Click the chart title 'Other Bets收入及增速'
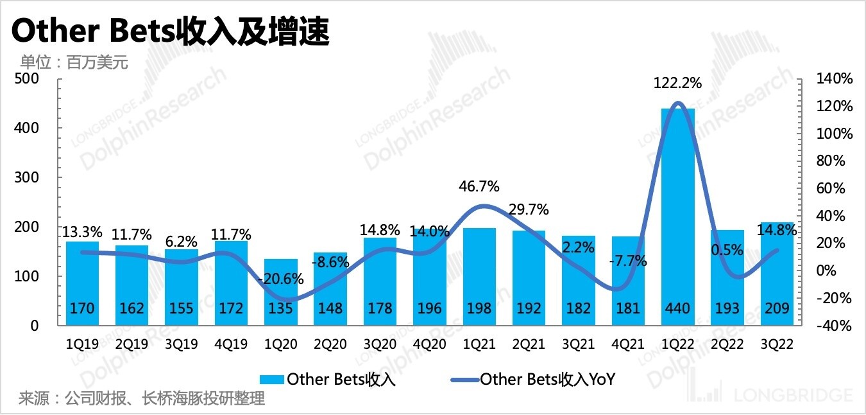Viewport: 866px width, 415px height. click(x=171, y=32)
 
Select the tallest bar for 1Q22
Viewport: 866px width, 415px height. click(x=677, y=206)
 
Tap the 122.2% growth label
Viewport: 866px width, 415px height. click(x=677, y=83)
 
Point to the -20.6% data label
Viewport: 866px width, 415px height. click(x=281, y=279)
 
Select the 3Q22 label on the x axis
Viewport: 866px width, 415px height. click(x=776, y=344)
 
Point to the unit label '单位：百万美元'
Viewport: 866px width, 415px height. click(x=74, y=62)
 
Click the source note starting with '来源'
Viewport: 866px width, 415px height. click(x=142, y=399)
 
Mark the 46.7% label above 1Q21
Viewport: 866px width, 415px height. click(x=479, y=187)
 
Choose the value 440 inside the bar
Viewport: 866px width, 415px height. click(x=677, y=309)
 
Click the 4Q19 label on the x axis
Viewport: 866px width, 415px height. click(x=231, y=344)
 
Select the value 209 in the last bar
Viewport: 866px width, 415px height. click(x=776, y=309)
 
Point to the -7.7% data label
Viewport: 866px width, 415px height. click(x=628, y=261)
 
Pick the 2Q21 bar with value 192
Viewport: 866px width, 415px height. click(x=529, y=270)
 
